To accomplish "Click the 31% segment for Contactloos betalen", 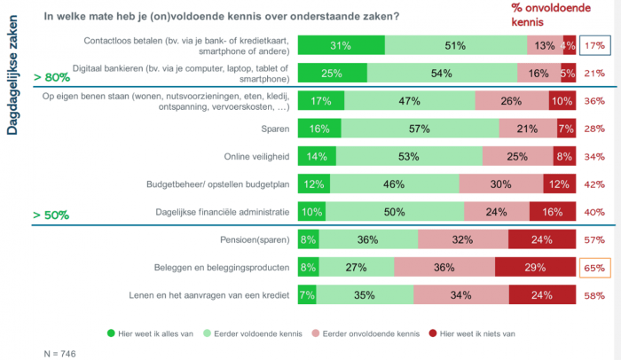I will click(x=341, y=46).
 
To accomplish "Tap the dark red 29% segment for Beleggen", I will click(x=535, y=268).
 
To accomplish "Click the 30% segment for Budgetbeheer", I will click(x=501, y=184).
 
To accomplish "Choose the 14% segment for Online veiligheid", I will click(x=317, y=157).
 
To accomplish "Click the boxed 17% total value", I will click(x=594, y=46).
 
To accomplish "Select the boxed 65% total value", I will click(x=594, y=268).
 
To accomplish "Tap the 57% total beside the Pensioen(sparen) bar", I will click(x=594, y=240).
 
